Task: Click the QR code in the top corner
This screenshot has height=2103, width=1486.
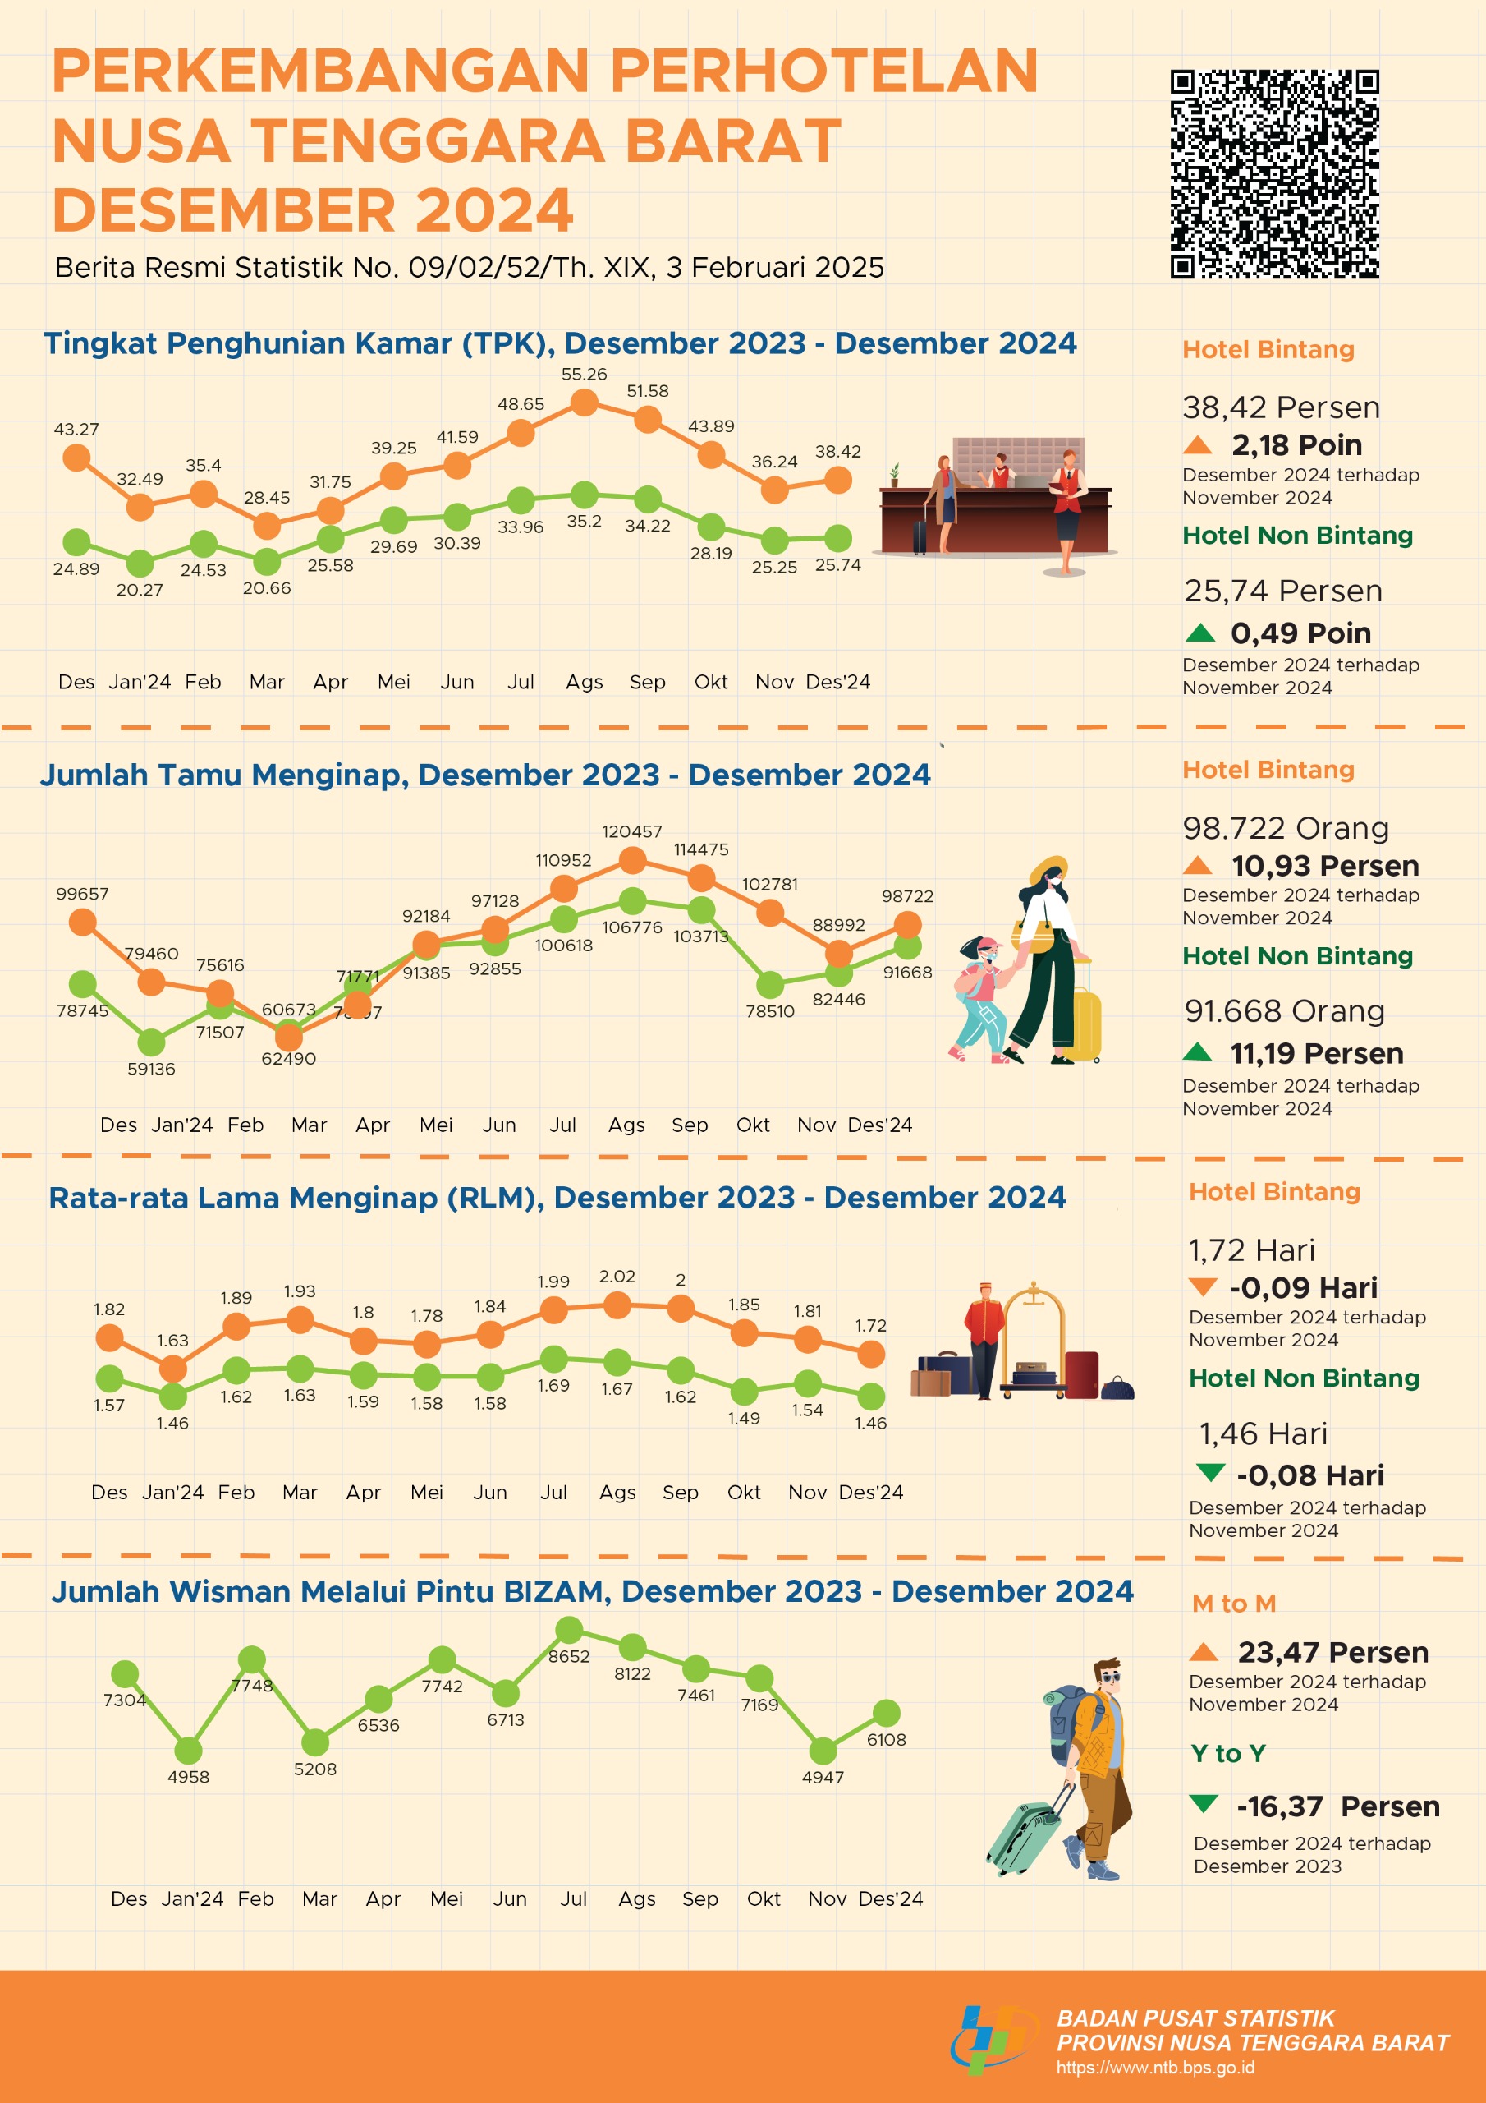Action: [x=1274, y=173]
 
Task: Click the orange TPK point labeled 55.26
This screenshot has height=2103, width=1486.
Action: [x=585, y=402]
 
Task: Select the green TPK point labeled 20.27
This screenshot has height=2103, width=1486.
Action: [x=140, y=564]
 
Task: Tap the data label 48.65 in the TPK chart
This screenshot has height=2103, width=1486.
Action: [x=521, y=404]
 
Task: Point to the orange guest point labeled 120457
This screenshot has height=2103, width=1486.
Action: [x=632, y=860]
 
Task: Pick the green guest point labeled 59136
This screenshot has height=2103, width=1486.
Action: [x=151, y=1042]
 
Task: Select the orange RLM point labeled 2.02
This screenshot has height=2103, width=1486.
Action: [x=617, y=1305]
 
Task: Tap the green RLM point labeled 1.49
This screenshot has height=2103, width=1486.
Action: [x=744, y=1392]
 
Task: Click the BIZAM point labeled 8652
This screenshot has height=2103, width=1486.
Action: [x=570, y=1630]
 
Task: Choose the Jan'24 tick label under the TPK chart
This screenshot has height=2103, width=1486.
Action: [x=140, y=682]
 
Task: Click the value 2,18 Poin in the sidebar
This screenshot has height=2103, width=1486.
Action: [x=1296, y=445]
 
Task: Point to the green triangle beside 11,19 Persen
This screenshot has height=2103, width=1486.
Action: [x=1197, y=1051]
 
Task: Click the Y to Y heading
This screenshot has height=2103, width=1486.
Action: [x=1228, y=1753]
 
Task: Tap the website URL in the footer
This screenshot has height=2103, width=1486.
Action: [x=1154, y=2068]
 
